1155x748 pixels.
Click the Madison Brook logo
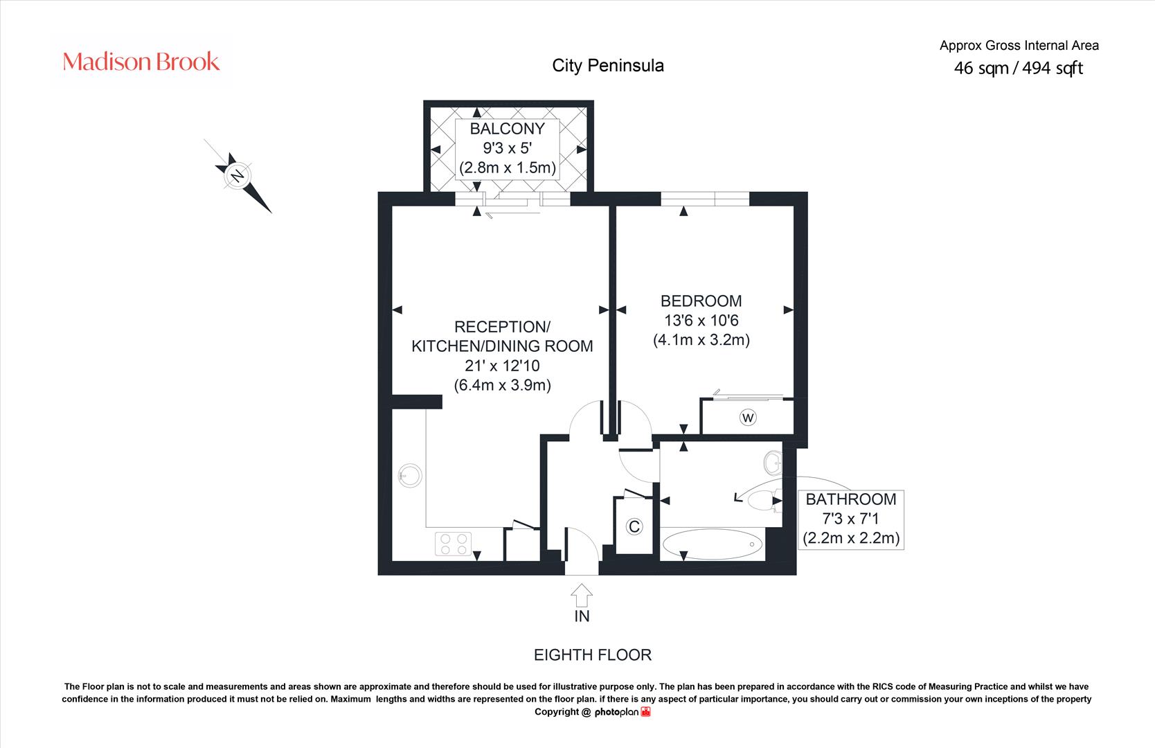(x=141, y=62)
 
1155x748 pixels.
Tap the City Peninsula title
(x=608, y=66)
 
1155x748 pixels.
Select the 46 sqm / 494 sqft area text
(x=1019, y=68)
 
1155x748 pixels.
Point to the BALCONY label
(x=508, y=128)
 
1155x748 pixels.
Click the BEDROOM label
(x=701, y=301)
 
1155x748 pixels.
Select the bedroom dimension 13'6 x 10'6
(x=701, y=321)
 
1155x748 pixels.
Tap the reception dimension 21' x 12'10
(x=502, y=366)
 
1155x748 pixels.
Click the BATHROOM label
(x=851, y=499)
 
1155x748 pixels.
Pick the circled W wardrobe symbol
(x=748, y=418)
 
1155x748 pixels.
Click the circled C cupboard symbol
(x=634, y=526)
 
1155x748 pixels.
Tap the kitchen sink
(x=410, y=476)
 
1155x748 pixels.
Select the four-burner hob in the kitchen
(x=454, y=544)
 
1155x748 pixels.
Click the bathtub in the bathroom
(x=712, y=544)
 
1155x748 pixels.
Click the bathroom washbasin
(x=773, y=463)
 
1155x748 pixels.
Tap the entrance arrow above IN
(x=582, y=595)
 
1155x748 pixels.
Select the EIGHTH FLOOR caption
(x=593, y=655)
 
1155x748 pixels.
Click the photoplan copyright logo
(x=623, y=712)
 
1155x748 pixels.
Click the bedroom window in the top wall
(x=705, y=199)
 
